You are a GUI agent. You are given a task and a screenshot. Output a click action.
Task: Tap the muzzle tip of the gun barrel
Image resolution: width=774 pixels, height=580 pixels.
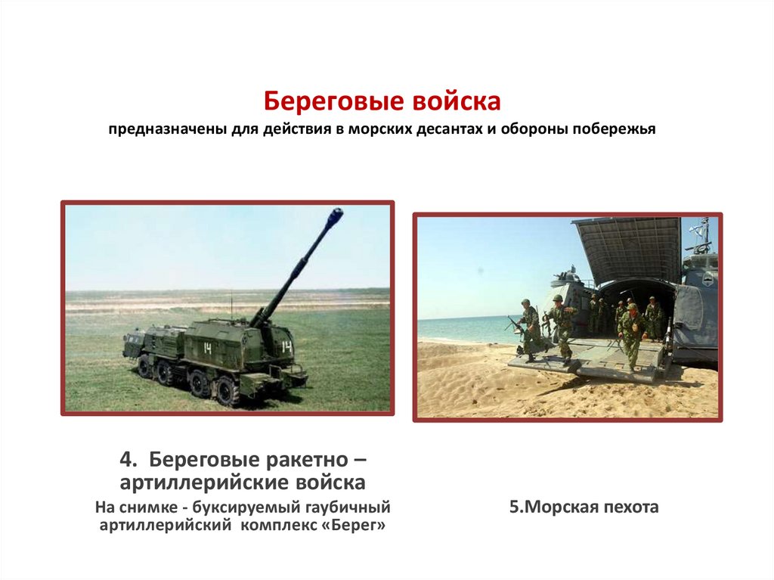(335, 215)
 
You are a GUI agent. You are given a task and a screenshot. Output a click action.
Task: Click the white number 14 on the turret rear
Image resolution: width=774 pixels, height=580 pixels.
(286, 347)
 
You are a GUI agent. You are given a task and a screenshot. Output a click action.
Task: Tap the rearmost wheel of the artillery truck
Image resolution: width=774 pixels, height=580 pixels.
(226, 391)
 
